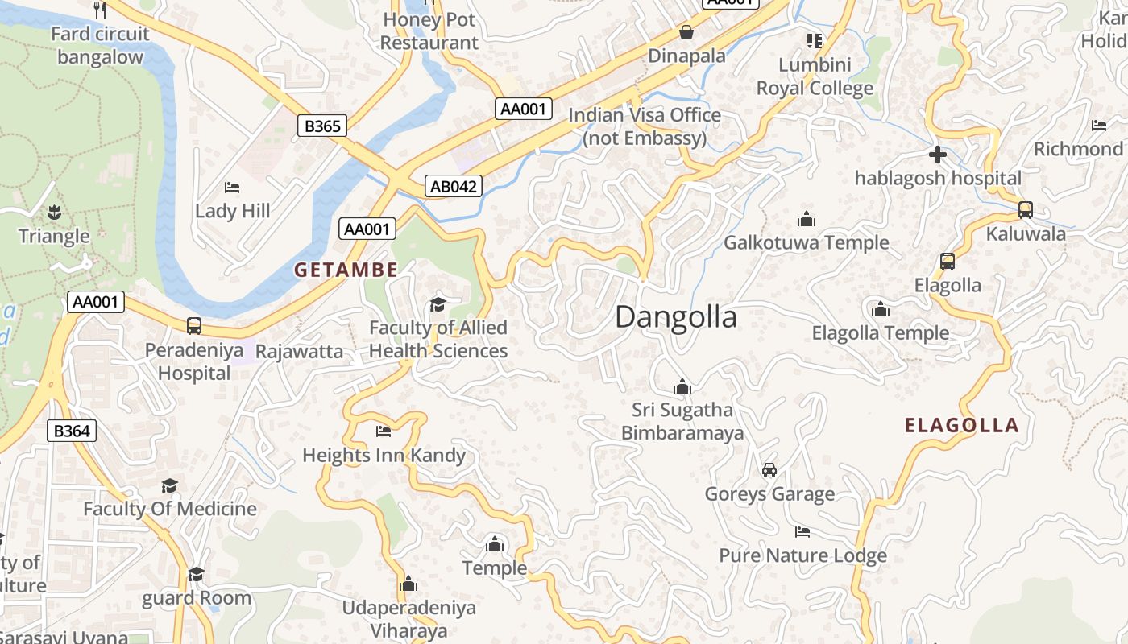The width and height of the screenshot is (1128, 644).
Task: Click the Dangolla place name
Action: [x=675, y=317]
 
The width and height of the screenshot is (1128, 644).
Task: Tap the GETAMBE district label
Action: [x=346, y=270]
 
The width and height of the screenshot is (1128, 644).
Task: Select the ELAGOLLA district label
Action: [x=961, y=425]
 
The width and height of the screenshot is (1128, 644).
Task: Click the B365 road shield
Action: [x=322, y=126]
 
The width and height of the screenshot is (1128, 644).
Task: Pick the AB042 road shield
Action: [x=454, y=187]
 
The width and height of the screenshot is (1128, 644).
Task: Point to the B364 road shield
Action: [x=71, y=431]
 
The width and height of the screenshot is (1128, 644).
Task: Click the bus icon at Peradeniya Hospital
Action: [x=194, y=326]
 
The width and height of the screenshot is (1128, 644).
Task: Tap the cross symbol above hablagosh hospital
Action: [x=937, y=154]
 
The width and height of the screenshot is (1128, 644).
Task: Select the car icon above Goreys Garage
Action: [x=769, y=469]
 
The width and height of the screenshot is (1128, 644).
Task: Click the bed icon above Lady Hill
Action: [x=232, y=188]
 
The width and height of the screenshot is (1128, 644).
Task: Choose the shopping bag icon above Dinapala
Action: [x=686, y=32]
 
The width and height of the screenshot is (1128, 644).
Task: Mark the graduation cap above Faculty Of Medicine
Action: [x=169, y=485]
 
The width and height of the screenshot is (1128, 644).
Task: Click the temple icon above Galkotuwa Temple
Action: [x=806, y=219]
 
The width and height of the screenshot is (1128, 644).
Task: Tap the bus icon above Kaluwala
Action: [x=1025, y=210]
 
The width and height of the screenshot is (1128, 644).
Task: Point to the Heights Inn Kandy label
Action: [x=384, y=455]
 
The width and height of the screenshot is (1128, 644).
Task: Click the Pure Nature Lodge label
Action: [x=802, y=555]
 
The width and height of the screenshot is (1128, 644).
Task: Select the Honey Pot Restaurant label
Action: [x=429, y=31]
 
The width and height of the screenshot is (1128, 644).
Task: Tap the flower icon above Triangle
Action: [x=55, y=213]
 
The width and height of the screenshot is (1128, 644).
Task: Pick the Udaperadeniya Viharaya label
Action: [x=408, y=618]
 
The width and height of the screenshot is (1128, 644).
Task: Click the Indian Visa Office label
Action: [x=645, y=126]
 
